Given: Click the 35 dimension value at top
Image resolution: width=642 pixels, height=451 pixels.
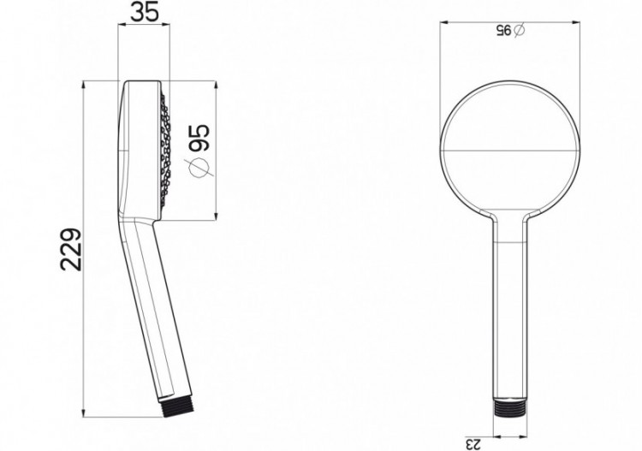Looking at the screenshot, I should click(144, 13).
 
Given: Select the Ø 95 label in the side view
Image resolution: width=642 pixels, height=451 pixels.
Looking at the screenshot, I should click(198, 149).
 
